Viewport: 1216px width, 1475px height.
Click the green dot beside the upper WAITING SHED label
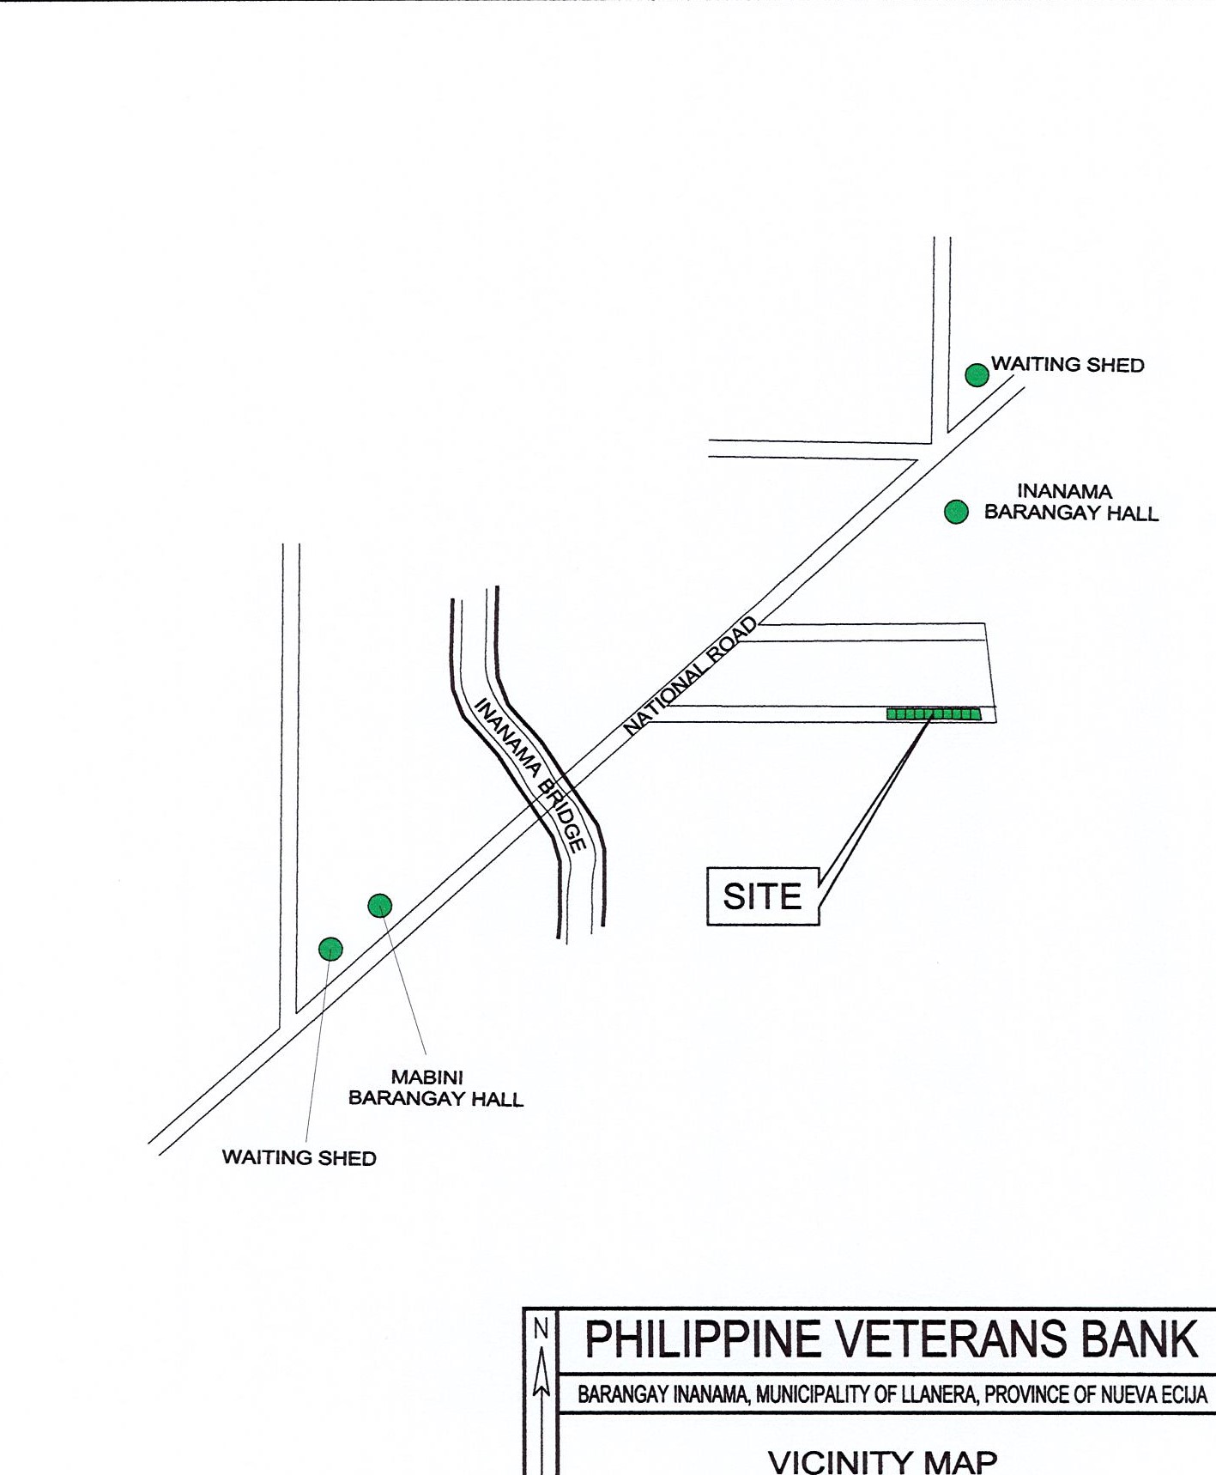977,375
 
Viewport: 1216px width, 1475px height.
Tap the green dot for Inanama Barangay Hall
956,512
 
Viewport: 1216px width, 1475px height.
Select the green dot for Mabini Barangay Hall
380,905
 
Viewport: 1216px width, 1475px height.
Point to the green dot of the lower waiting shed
330,949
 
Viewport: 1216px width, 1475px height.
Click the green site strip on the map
934,713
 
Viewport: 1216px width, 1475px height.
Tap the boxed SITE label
763,896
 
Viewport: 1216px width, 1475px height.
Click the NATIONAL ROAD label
691,676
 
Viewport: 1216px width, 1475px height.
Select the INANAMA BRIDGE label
530,774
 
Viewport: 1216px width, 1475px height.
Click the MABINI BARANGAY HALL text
435,1088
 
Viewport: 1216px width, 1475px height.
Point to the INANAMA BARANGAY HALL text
1071,502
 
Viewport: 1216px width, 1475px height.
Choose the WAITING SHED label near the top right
1068,365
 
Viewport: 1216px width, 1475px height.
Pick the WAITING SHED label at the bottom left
299,1157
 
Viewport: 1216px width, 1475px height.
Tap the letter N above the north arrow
541,1328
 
